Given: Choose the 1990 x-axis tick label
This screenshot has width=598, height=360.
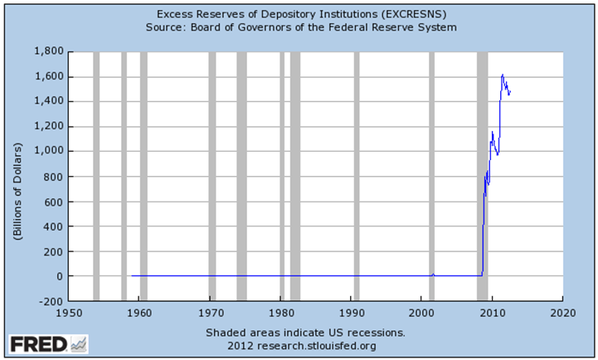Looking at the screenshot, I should pyautogui.click(x=352, y=314).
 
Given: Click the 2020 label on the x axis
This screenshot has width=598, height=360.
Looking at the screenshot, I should pyautogui.click(x=563, y=314).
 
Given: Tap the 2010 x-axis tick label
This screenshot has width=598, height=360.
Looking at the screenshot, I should pyautogui.click(x=493, y=314).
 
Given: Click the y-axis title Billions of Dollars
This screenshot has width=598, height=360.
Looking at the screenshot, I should pyautogui.click(x=16, y=176).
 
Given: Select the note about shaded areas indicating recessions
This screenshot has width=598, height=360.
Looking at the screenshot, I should pyautogui.click(x=306, y=332).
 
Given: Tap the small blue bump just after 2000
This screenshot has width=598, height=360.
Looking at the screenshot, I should pyautogui.click(x=432, y=274).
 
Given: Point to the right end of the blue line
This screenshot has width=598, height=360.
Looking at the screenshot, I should pyautogui.click(x=510, y=91).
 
